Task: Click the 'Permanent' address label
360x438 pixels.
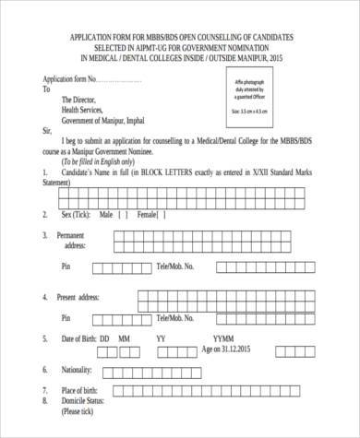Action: [x=78, y=236]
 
